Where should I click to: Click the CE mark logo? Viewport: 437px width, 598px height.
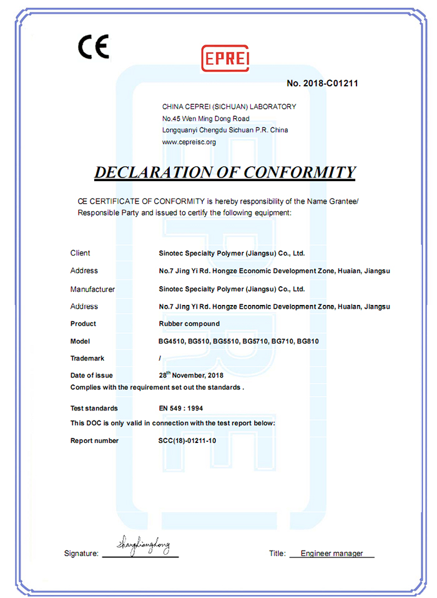pos(93,46)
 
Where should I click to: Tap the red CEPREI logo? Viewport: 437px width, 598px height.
pos(225,58)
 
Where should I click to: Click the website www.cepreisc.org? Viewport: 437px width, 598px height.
pos(189,142)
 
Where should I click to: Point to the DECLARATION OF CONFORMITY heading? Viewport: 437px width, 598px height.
pos(225,172)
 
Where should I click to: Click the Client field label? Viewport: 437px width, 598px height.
pos(80,253)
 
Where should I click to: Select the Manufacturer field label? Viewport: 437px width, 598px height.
pos(92,289)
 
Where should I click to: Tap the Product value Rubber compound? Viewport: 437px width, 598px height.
pos(189,324)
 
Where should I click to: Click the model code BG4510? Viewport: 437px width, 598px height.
pos(171,341)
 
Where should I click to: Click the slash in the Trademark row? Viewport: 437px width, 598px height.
pos(160,359)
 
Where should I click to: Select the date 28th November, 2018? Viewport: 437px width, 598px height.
pos(192,375)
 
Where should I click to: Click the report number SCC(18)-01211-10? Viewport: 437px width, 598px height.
pos(187,441)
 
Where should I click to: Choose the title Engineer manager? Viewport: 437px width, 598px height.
pos(331,554)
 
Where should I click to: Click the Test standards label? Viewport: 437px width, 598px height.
pos(94,408)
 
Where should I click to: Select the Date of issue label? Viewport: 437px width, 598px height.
pos(91,376)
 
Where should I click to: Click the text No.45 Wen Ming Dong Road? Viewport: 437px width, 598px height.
pos(205,118)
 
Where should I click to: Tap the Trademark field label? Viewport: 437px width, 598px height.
pos(87,359)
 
